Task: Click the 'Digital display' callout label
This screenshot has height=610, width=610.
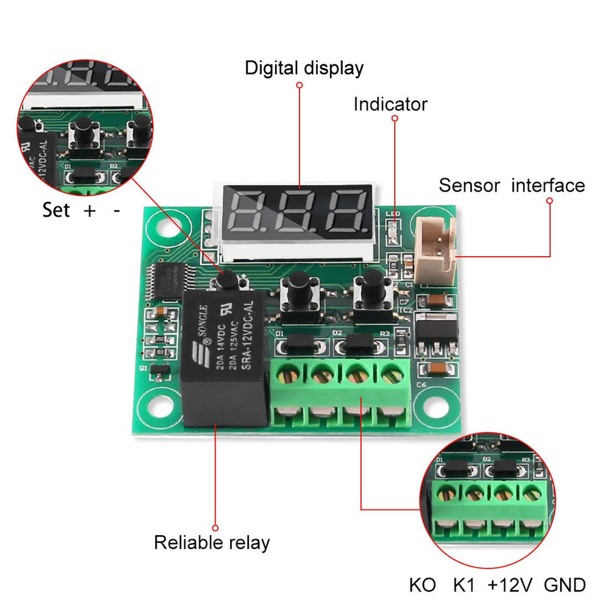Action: tap(304, 68)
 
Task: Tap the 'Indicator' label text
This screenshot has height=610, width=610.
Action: tap(390, 104)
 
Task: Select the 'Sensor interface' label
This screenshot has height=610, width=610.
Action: tap(511, 185)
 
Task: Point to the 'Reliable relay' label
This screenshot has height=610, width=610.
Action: tap(212, 542)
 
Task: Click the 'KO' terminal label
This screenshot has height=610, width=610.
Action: tap(423, 586)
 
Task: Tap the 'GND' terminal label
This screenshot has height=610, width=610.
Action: tap(565, 586)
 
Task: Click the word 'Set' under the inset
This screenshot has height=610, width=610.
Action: tap(56, 211)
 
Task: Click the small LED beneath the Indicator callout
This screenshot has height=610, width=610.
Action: tap(393, 229)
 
